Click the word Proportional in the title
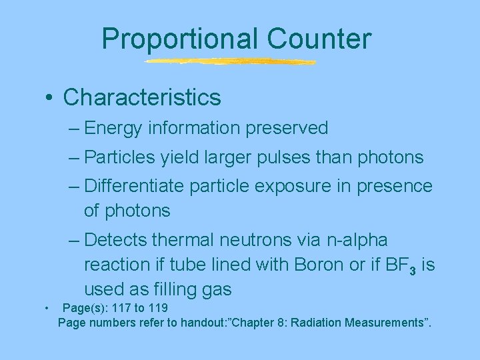175,39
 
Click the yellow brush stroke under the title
230,62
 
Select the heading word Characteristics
142,97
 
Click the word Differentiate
135,186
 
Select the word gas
217,289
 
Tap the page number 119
157,308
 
